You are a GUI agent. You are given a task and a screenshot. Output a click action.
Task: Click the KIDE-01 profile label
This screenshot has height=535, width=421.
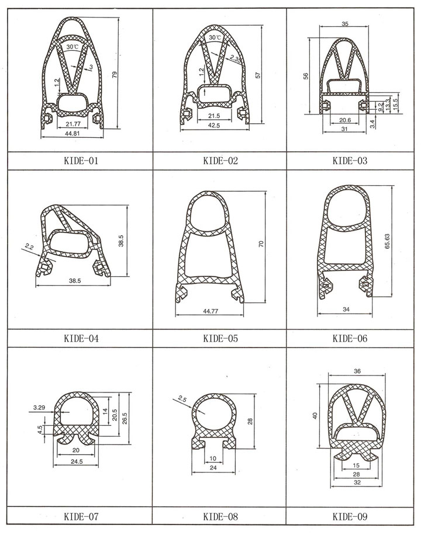click(x=81, y=161)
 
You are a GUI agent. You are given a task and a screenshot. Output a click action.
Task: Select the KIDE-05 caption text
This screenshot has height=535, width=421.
click(x=220, y=339)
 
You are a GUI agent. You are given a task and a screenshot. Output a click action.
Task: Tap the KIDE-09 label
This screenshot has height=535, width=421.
click(x=350, y=516)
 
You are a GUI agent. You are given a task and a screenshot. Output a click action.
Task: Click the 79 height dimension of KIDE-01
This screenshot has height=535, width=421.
click(x=115, y=74)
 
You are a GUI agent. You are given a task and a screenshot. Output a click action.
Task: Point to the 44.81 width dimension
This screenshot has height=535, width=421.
click(x=72, y=133)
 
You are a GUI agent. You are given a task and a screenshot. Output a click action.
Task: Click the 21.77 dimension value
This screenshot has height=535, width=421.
click(x=73, y=124)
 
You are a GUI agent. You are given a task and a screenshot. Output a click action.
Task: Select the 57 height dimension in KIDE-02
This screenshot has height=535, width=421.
click(x=258, y=75)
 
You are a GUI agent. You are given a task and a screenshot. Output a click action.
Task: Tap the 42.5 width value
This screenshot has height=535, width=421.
click(x=214, y=125)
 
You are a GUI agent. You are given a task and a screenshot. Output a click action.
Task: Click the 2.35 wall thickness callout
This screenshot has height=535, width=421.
click(x=235, y=58)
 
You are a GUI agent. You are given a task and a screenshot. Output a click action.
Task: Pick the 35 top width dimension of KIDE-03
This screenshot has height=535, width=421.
click(x=345, y=24)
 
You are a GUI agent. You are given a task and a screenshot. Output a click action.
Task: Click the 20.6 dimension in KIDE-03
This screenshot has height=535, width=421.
click(x=344, y=120)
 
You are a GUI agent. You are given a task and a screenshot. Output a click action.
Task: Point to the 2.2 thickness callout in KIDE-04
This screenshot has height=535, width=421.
click(x=29, y=246)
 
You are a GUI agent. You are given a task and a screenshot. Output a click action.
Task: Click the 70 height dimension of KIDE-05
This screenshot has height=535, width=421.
click(x=261, y=244)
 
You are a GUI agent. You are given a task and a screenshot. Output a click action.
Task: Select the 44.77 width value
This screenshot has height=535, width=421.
click(x=210, y=311)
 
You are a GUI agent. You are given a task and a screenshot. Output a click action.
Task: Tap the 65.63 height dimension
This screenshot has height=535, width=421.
click(x=387, y=241)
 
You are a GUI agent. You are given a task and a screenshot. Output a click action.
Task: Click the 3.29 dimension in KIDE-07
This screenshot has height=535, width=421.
click(x=39, y=407)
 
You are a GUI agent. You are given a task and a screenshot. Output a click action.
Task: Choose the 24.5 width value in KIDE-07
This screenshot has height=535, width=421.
click(x=76, y=461)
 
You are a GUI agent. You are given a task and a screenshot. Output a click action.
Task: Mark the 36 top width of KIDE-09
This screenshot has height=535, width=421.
click(x=357, y=371)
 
